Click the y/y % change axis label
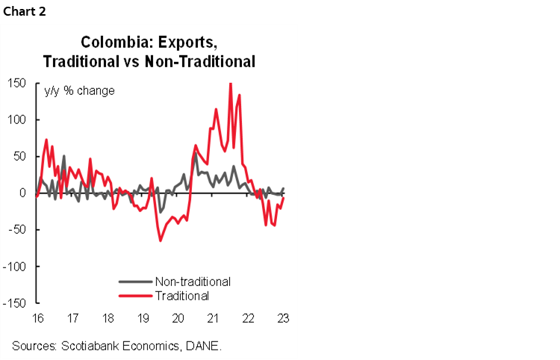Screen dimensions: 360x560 (x=80, y=91)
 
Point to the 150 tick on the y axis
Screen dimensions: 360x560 (x=16, y=83)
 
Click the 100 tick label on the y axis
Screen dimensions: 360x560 (x=16, y=120)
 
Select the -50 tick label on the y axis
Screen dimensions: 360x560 (x=16, y=229)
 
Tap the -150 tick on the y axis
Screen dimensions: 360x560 (x=15, y=302)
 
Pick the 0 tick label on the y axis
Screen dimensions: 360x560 (x=23, y=193)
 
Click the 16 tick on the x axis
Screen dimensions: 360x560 (x=37, y=317)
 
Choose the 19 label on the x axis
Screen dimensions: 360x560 (x=142, y=317)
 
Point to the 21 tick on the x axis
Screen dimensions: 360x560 (x=213, y=317)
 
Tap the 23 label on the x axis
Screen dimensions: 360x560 (x=283, y=317)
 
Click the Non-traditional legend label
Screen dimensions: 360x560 (x=192, y=282)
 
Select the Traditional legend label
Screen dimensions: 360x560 (x=181, y=295)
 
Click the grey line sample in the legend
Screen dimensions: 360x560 (x=135, y=282)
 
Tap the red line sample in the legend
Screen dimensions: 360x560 (x=135, y=296)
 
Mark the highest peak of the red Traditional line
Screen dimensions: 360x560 (x=230, y=83)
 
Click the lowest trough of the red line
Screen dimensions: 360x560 (x=160, y=240)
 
